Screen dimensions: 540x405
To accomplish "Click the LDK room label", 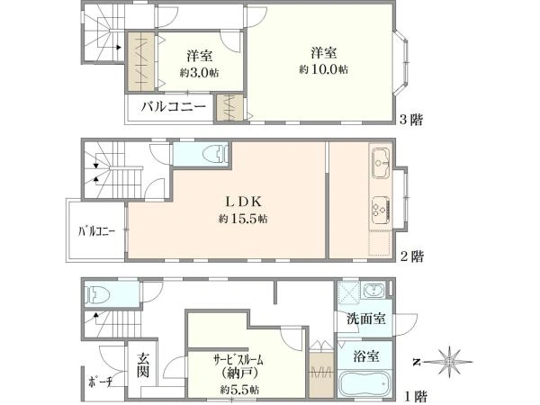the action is [x=244, y=202].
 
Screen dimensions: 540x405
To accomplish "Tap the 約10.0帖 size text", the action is [x=323, y=69].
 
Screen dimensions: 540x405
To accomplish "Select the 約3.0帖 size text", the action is [x=199, y=73].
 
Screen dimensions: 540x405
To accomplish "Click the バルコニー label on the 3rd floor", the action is [x=173, y=106].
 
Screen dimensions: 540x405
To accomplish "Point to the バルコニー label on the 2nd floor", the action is [x=96, y=231].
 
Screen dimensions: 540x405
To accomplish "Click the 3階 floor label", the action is [x=411, y=120].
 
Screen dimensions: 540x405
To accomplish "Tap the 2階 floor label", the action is [x=412, y=256].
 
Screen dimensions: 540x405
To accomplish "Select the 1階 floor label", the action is [x=415, y=396].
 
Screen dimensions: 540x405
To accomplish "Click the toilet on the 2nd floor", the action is [x=216, y=154].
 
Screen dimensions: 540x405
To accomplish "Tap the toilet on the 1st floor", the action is [x=97, y=295].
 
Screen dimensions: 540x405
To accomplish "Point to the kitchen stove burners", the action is [x=381, y=209].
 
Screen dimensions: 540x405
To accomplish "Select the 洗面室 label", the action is [x=365, y=319].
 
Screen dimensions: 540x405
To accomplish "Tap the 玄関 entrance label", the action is [x=143, y=365].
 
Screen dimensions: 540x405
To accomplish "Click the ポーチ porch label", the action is [x=101, y=382].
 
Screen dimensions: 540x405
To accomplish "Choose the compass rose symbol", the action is [x=449, y=362].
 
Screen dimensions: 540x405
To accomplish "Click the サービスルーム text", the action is [x=238, y=361].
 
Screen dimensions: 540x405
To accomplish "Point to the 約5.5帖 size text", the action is [x=239, y=390].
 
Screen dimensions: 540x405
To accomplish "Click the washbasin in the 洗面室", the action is [x=373, y=291].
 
